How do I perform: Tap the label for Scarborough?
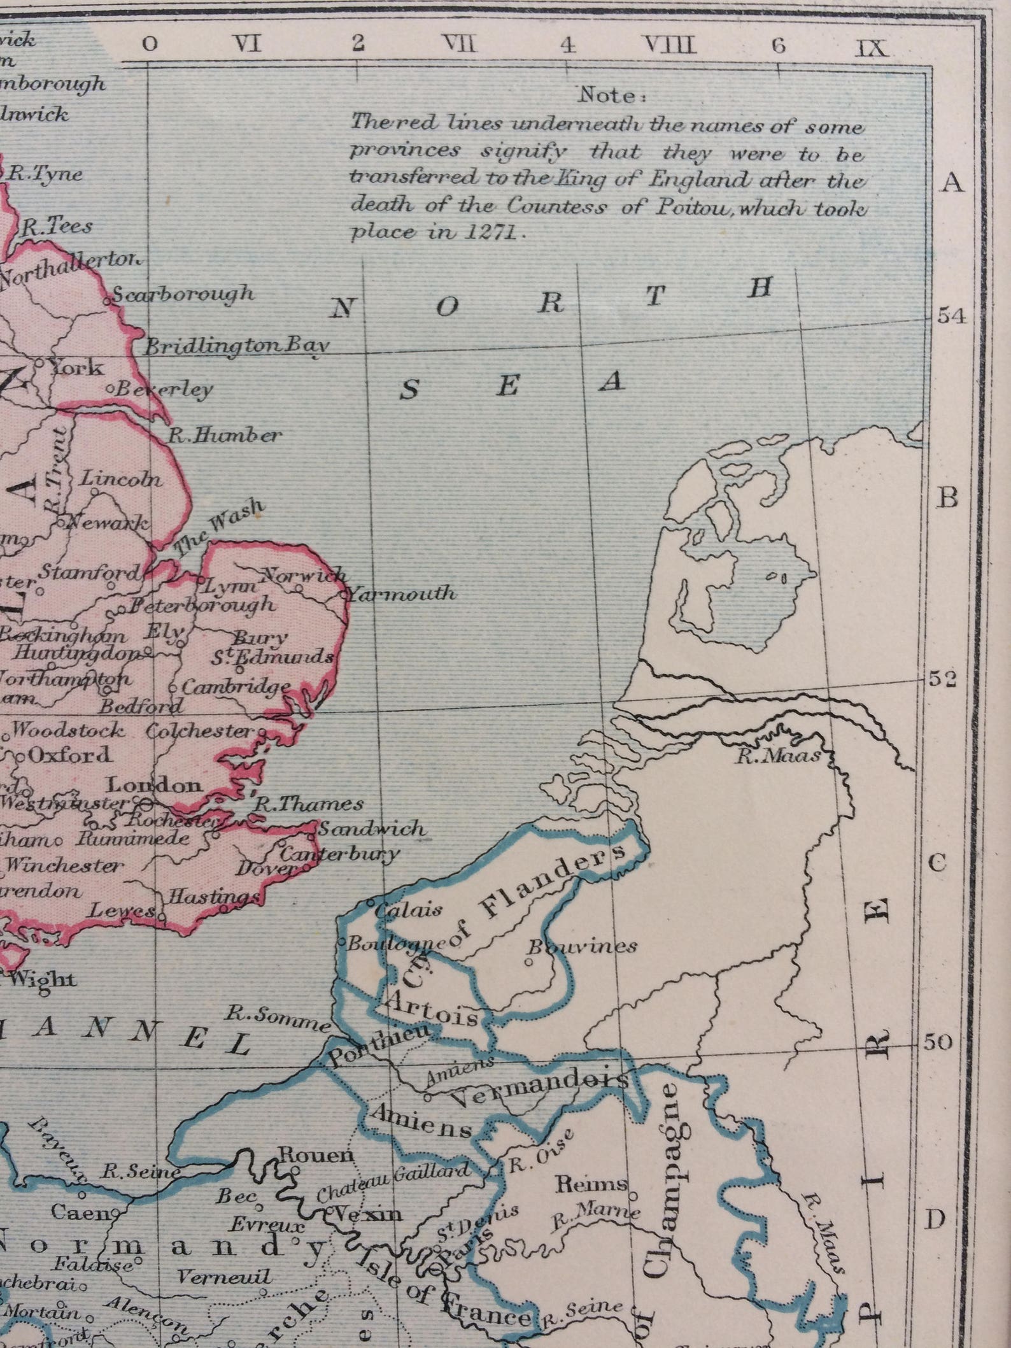183,294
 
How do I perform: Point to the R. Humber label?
224,436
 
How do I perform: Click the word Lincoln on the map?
120,479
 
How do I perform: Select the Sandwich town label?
371,828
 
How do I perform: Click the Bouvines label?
583,946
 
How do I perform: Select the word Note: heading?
611,96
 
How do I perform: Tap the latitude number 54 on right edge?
952,316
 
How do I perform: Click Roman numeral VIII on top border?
671,45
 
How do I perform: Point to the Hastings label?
213,897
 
